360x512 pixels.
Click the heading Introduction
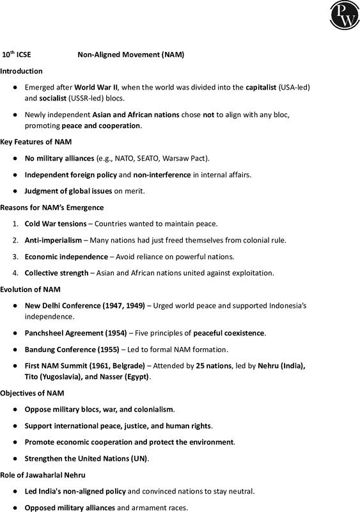[x=22, y=70]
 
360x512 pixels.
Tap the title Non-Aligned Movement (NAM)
[x=130, y=55]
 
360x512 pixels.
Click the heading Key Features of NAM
[x=36, y=141]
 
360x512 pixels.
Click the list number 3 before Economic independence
[x=15, y=257]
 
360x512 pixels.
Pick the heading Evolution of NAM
[x=30, y=289]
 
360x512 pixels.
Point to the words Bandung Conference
[x=56, y=349]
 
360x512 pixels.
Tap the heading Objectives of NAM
[x=32, y=392]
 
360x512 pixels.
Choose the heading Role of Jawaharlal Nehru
[x=42, y=475]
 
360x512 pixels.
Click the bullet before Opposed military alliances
[x=15, y=508]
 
